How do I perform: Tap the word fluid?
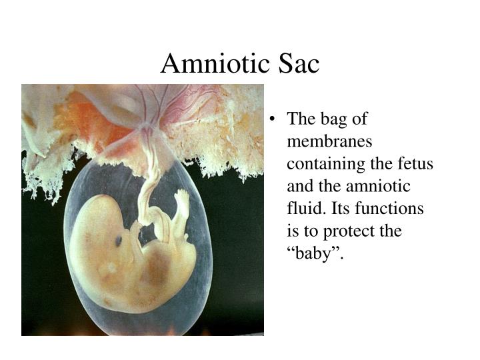click(x=303, y=209)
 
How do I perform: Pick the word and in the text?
click(x=299, y=187)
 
